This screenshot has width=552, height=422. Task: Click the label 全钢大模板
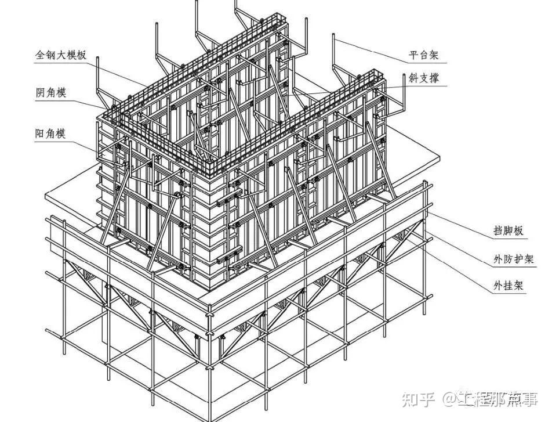[61, 56]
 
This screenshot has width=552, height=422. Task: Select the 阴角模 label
[50, 93]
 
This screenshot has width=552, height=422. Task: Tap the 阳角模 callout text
[50, 134]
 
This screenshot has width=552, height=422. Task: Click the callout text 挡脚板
[509, 231]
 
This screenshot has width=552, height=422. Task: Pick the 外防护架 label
[514, 259]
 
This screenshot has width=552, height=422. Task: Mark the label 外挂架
[509, 286]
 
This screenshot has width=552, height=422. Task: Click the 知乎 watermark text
[419, 399]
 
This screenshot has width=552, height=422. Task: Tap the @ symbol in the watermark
[450, 399]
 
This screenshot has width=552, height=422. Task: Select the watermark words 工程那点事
[498, 399]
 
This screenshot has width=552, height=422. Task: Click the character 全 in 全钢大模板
[40, 56]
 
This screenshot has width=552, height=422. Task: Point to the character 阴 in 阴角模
[39, 93]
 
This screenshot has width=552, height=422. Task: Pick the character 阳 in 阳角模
[39, 134]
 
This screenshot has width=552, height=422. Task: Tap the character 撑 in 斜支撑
[434, 78]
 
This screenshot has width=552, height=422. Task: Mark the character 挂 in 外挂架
[509, 286]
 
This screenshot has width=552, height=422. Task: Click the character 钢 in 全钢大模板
[50, 56]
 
